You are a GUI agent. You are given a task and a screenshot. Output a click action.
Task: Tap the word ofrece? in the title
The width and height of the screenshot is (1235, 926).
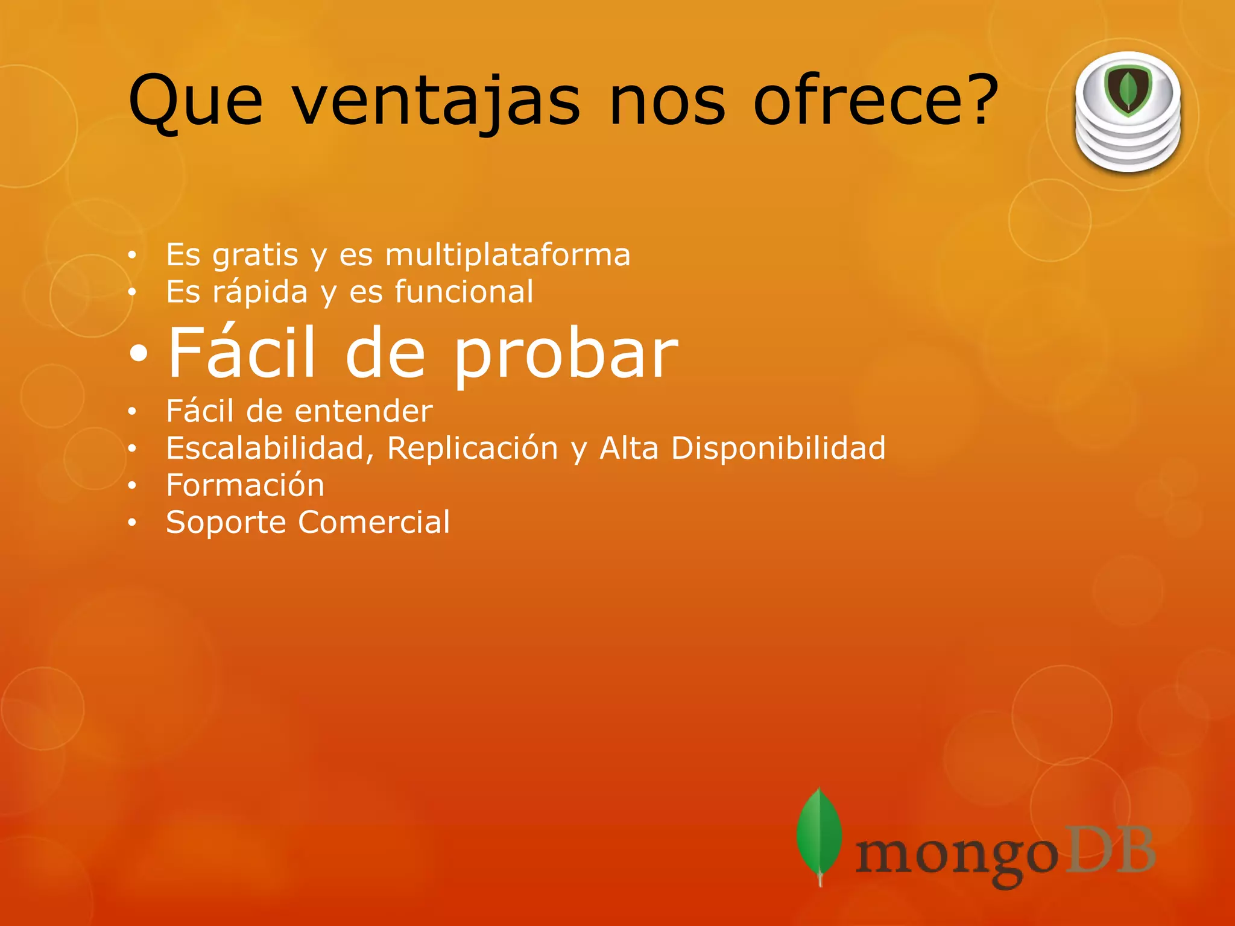pos(876,100)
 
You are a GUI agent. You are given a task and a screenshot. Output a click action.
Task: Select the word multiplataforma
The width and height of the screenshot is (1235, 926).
pos(508,254)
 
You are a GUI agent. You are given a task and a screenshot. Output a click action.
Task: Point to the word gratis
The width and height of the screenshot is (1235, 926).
pos(255,256)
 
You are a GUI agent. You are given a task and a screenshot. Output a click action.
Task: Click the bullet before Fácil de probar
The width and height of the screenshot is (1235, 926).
pos(138,355)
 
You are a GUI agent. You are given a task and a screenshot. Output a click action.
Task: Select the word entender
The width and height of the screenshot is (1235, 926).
pos(364,411)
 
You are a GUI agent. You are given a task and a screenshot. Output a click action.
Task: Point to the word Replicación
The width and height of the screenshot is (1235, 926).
pos(472,449)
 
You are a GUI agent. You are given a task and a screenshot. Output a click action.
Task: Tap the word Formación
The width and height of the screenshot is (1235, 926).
pos(245,485)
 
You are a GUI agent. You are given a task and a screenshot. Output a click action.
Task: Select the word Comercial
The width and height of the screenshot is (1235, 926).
pos(374,522)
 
